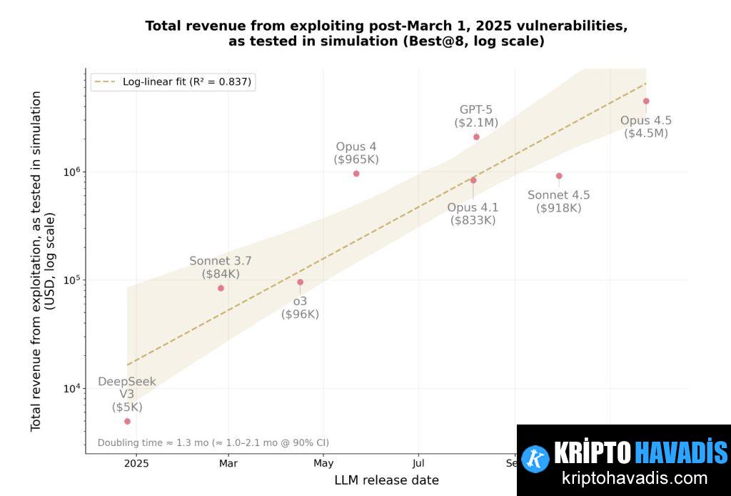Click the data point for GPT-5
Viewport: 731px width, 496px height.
pos(476,137)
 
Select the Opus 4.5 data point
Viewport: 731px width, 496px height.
pos(646,101)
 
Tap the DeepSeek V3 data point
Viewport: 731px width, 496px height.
pos(127,421)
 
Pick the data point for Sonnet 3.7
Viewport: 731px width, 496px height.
pos(221,288)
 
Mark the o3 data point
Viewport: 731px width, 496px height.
pos(300,282)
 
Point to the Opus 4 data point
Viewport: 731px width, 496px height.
pos(356,174)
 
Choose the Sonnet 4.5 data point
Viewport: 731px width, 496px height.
pos(559,176)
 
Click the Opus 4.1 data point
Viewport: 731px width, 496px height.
pos(473,180)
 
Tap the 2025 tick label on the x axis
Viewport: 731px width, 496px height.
pos(136,463)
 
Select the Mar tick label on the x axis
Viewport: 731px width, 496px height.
pos(228,463)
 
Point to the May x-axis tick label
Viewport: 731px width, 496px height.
pos(323,463)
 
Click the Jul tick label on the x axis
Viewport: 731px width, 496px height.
pos(418,463)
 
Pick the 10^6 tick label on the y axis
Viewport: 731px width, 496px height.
pos(74,172)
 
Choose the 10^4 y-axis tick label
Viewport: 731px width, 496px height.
pos(74,389)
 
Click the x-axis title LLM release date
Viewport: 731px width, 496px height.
pos(386,480)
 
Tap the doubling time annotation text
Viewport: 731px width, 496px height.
pos(213,442)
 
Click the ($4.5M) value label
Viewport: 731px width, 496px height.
pos(646,133)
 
